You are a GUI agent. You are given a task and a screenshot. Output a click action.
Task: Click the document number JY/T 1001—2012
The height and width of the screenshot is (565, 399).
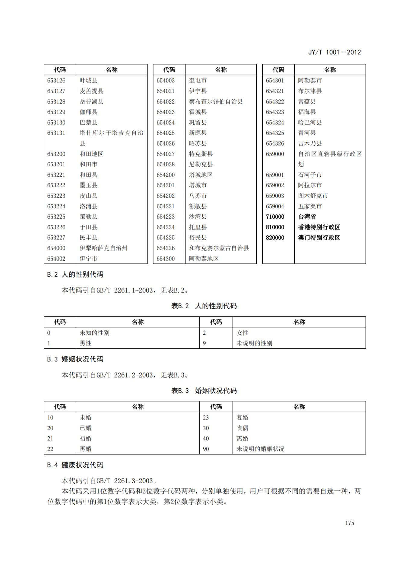(334, 52)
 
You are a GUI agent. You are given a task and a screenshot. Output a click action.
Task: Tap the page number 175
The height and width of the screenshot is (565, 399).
(350, 523)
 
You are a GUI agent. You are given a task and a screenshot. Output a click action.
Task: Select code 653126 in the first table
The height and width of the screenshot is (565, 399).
(56, 81)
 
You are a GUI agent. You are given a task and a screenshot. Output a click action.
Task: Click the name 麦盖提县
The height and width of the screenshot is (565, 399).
(91, 91)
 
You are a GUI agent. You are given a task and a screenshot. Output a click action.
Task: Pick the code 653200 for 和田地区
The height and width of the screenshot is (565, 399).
(56, 154)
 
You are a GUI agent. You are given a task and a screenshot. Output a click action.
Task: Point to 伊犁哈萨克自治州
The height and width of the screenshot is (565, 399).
(103, 248)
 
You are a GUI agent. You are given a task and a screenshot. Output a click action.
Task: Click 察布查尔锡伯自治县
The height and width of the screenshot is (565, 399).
(216, 101)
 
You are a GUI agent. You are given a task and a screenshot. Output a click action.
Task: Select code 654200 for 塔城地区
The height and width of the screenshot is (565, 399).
(165, 175)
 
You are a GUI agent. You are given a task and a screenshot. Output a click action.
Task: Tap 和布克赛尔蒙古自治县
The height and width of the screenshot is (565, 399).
(219, 248)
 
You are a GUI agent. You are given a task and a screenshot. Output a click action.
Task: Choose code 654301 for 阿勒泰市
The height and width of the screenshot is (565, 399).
(275, 81)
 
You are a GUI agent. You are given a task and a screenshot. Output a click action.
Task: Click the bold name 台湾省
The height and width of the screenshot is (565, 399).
(307, 217)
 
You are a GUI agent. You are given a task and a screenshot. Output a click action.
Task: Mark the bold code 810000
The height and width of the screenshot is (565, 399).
(275, 227)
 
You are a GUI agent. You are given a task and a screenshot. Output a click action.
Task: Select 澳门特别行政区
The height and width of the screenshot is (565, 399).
(319, 238)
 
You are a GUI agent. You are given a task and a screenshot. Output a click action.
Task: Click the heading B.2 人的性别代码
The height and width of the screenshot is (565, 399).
(75, 274)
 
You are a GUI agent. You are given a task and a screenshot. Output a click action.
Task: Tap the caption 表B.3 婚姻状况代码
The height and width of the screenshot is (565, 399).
(204, 391)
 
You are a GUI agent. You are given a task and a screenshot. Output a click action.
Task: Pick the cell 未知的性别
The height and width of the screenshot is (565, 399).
(94, 333)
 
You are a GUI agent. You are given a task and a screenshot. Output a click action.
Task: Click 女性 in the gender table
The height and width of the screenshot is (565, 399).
(242, 333)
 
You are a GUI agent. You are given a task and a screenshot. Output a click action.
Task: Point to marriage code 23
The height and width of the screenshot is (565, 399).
(206, 418)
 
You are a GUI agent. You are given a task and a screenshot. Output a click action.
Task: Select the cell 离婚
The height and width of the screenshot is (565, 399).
(242, 438)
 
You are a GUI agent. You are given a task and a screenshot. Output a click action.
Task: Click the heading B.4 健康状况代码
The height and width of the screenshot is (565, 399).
(75, 465)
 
